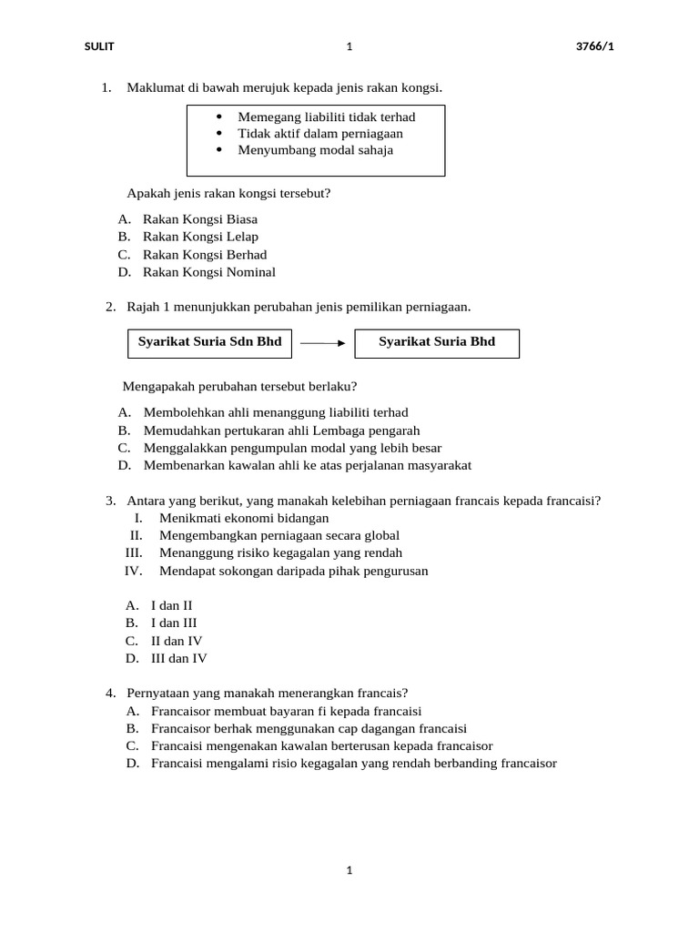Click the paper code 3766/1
pyautogui.click(x=596, y=47)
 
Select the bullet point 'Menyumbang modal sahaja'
pyautogui.click(x=315, y=150)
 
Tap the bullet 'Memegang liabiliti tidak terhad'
pyautogui.click(x=326, y=117)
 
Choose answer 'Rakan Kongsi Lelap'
pyautogui.click(x=200, y=237)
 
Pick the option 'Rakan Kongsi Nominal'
pyautogui.click(x=208, y=272)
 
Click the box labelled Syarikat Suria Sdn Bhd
pyautogui.click(x=209, y=342)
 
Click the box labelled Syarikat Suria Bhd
pyautogui.click(x=437, y=342)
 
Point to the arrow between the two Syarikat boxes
pyautogui.click(x=322, y=343)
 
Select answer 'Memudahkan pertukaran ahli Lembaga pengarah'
pyautogui.click(x=281, y=431)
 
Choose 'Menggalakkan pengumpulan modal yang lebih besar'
pyautogui.click(x=292, y=448)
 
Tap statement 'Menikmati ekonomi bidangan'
pyautogui.click(x=243, y=518)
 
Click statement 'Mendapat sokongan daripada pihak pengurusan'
pyautogui.click(x=293, y=571)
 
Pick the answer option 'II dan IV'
pyautogui.click(x=177, y=641)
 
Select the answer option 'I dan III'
pyautogui.click(x=174, y=623)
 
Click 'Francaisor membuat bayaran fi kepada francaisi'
pyautogui.click(x=286, y=711)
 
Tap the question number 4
pyautogui.click(x=110, y=693)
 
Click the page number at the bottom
pyautogui.click(x=349, y=870)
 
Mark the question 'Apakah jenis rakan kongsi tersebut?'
pyautogui.click(x=228, y=193)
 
